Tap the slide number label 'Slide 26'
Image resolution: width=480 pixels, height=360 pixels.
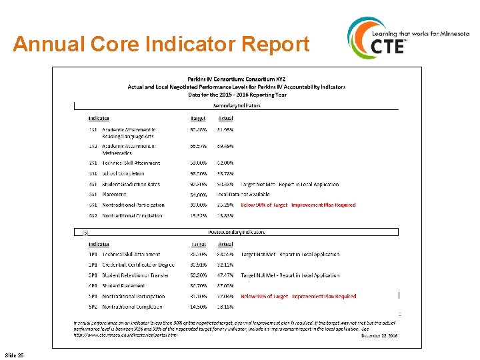click(13, 355)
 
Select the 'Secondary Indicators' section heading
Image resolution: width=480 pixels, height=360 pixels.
click(237, 106)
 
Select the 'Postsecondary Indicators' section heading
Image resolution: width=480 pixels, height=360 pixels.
click(237, 232)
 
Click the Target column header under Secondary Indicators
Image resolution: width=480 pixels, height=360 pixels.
click(198, 119)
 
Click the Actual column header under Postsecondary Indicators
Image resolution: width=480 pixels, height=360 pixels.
click(225, 244)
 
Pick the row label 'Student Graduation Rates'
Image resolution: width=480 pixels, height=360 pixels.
click(132, 184)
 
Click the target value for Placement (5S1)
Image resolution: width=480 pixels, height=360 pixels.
click(198, 195)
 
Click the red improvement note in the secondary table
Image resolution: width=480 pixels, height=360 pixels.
click(298, 205)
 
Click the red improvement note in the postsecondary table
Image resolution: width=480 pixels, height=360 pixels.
click(298, 296)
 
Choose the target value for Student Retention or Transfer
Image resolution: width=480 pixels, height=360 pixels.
click(198, 275)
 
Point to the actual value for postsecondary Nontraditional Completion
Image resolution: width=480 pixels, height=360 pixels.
click(225, 307)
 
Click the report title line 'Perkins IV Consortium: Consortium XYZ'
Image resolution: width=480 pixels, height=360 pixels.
click(237, 79)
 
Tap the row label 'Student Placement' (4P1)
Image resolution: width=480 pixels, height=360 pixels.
click(123, 286)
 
